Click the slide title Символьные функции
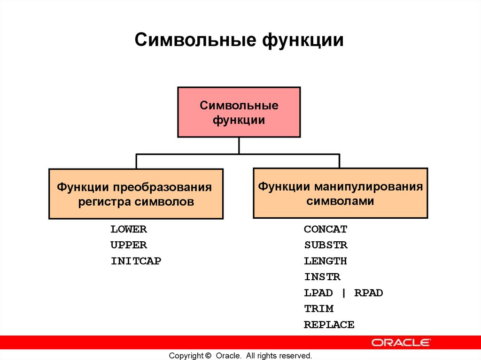click(x=239, y=40)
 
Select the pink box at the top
click(x=239, y=112)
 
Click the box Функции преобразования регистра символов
click(x=136, y=194)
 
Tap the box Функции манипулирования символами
click(x=340, y=193)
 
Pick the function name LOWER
click(x=129, y=230)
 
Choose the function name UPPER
click(x=129, y=245)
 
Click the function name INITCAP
click(x=136, y=261)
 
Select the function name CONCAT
click(x=326, y=230)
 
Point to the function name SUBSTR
click(x=326, y=245)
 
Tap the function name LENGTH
click(x=326, y=261)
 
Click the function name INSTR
click(x=322, y=277)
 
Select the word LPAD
click(x=318, y=293)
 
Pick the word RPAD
click(x=369, y=293)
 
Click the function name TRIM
click(x=318, y=309)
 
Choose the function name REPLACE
click(x=329, y=325)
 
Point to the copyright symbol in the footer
click(x=208, y=356)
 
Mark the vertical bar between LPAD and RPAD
click(x=343, y=293)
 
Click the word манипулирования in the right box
click(x=367, y=186)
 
